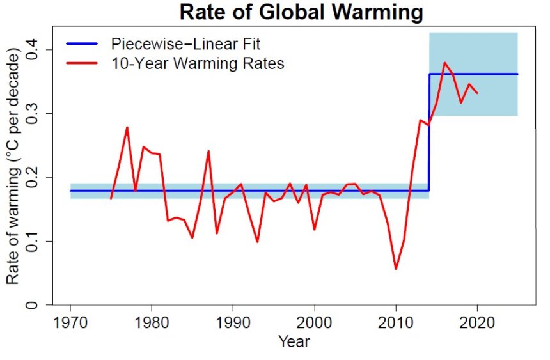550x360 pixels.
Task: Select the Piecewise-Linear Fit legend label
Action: tap(185, 44)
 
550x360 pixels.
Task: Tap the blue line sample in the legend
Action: tap(82, 44)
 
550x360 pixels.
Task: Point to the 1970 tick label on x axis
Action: tap(70, 321)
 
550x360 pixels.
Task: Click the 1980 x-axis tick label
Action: tap(152, 321)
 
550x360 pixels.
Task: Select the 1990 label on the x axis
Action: tap(233, 321)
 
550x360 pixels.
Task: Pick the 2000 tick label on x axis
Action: tap(315, 321)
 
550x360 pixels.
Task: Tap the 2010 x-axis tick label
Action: tap(396, 321)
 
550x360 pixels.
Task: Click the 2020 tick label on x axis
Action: tap(478, 321)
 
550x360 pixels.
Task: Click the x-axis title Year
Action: tap(294, 341)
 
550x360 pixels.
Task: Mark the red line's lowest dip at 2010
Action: tap(396, 269)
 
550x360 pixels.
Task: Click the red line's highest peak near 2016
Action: tap(444, 63)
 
